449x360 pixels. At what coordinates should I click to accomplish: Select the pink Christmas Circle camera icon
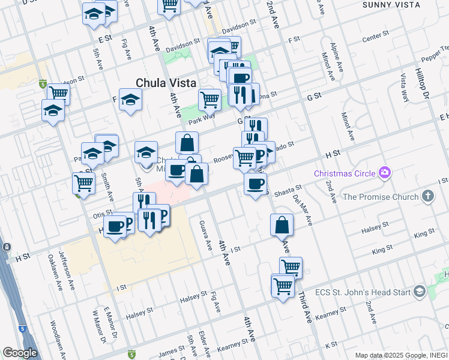(x=385, y=173)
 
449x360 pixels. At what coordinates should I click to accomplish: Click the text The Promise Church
(x=381, y=197)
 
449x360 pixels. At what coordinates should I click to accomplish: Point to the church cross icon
(x=427, y=196)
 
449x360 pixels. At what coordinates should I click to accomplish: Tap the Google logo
(x=20, y=353)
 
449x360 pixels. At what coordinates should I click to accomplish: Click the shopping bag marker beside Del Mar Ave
(x=282, y=226)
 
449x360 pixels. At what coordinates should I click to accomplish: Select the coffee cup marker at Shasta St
(x=256, y=184)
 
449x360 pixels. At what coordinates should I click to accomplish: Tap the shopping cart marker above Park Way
(x=209, y=98)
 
